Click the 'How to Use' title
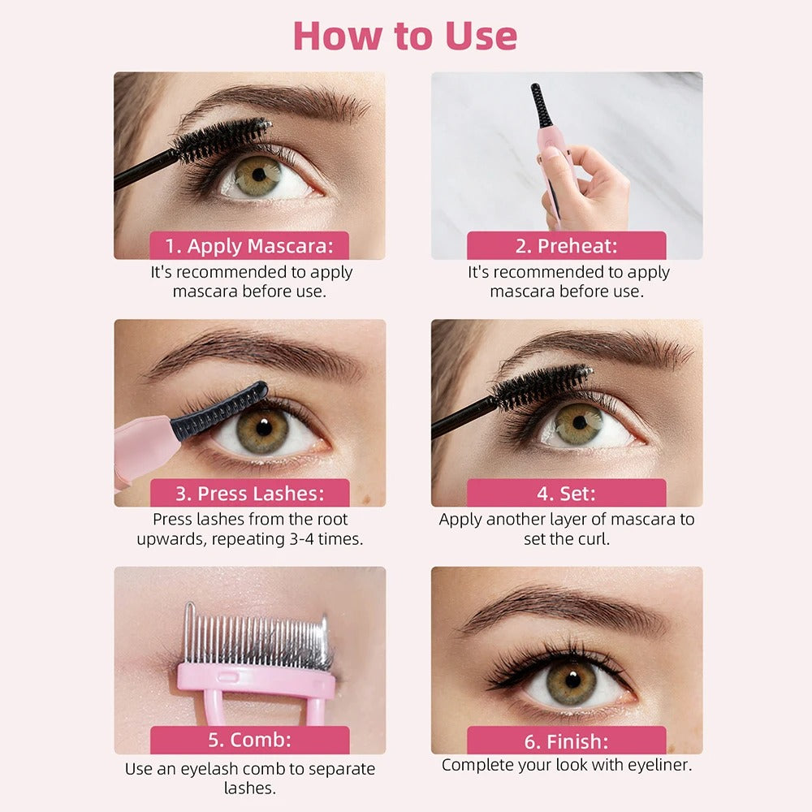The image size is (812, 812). (404, 36)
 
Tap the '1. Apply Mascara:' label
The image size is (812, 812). (249, 246)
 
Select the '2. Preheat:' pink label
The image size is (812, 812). (566, 246)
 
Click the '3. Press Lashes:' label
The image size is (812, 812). (249, 494)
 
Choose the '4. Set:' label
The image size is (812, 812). (566, 494)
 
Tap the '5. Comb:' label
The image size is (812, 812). (249, 741)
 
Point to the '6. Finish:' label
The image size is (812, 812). (566, 741)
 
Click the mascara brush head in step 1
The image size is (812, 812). (224, 140)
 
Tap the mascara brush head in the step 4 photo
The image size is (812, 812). (542, 387)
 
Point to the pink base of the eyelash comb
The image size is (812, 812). (256, 680)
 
